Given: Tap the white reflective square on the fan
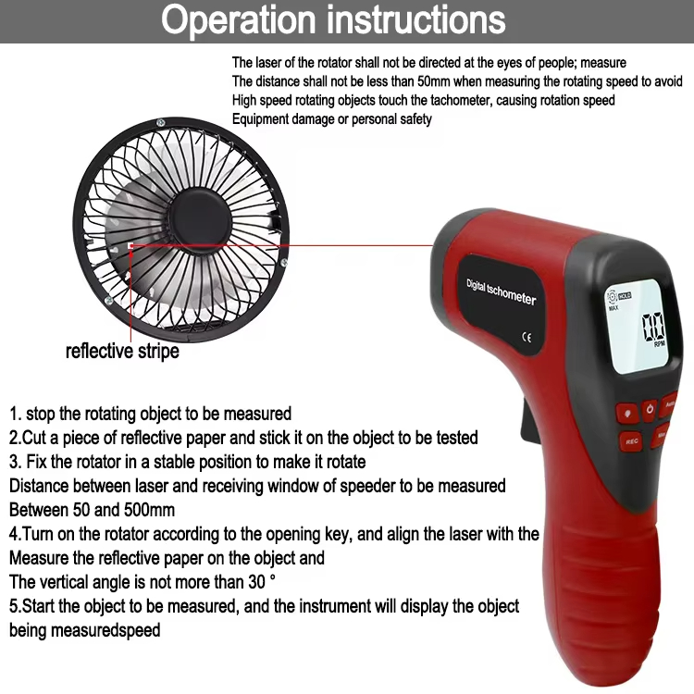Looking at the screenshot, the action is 130,245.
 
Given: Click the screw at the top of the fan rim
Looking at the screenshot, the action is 161,122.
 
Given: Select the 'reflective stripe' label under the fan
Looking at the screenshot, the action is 122,352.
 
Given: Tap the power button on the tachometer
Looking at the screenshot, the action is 650,409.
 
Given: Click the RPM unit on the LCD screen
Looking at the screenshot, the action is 659,344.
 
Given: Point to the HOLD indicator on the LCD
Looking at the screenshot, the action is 625,296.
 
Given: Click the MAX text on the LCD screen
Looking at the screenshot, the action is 613,307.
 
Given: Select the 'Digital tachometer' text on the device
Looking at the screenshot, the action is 501,291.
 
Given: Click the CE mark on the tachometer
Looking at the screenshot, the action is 527,338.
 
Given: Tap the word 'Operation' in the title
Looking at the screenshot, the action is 238,20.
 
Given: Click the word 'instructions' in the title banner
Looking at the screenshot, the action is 416,20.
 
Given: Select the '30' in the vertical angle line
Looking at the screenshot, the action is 256,582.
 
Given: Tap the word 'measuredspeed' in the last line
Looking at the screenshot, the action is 105,630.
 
